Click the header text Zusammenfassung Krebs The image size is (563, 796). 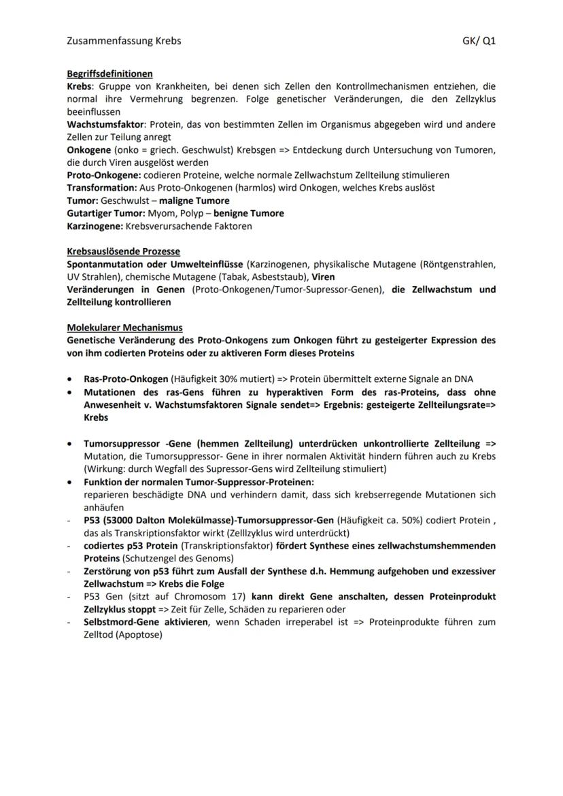tap(124, 41)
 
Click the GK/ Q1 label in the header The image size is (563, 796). tap(479, 41)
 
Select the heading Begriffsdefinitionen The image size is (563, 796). tap(109, 73)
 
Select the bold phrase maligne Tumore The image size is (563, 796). tap(194, 201)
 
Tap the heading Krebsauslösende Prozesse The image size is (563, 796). tap(123, 252)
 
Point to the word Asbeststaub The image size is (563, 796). tap(277, 277)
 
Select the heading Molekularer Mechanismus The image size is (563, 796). tap(124, 328)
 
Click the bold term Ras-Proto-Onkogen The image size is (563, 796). tap(126, 379)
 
